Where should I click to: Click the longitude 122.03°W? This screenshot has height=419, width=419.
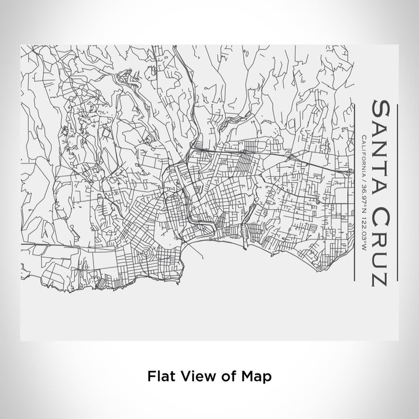[x=364, y=233]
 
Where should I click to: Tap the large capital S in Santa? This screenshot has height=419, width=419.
[x=381, y=109]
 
